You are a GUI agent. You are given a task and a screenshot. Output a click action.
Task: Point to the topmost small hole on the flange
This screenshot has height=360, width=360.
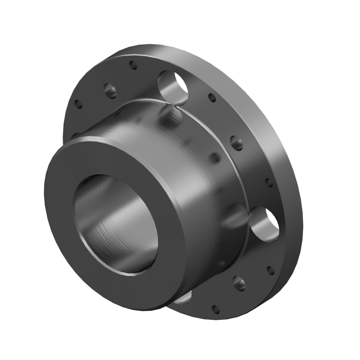[132, 65]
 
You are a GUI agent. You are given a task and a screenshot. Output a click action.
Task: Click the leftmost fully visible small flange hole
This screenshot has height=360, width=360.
[78, 104]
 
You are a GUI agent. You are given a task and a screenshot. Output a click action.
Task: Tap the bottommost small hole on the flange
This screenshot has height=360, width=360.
[215, 308]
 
